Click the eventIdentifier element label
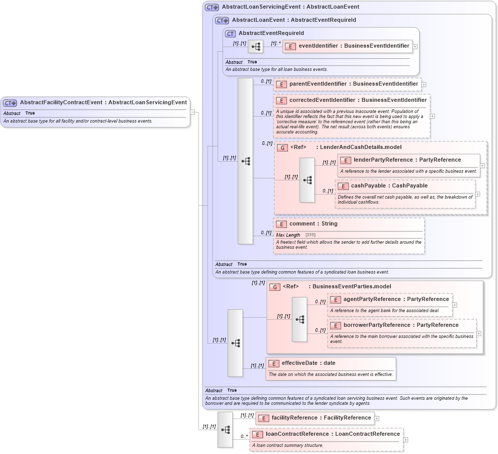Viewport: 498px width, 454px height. coord(353,46)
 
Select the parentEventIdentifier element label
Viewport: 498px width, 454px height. coord(353,84)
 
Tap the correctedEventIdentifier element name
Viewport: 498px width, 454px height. coord(357,100)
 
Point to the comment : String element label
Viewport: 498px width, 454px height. coord(313,223)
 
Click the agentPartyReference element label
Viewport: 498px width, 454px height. coord(396,299)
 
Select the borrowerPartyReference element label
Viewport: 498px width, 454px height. coord(401,325)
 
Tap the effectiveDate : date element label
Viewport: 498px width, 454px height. coord(308,363)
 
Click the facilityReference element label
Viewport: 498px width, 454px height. coord(321,418)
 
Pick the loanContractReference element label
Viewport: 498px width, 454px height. coord(333,434)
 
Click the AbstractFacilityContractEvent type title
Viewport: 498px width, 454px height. coord(103,102)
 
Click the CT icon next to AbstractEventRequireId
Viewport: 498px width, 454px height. coord(230,33)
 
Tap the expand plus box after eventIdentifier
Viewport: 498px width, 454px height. coord(415,46)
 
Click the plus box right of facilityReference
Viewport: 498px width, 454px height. coord(377,418)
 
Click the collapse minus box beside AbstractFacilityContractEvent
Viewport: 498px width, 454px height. coord(192,112)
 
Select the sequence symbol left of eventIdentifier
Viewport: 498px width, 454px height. coord(256,47)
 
